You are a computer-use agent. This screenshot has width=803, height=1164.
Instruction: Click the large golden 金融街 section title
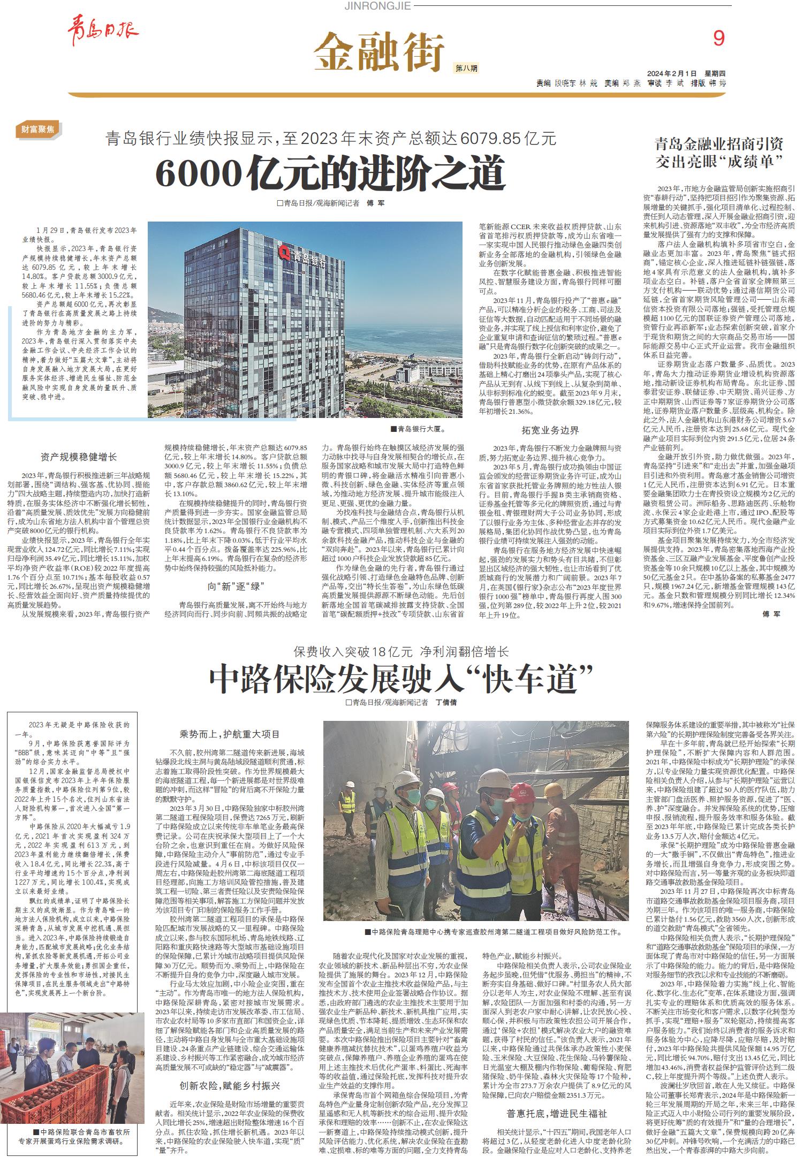379,52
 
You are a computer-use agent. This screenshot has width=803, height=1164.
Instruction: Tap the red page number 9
718,38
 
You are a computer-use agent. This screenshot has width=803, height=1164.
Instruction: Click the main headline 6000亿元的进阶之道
331,172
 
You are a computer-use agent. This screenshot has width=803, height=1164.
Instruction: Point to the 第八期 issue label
466,69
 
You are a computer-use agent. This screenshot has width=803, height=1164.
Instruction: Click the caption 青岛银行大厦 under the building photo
418,429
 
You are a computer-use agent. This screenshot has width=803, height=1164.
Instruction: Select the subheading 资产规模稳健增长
78,457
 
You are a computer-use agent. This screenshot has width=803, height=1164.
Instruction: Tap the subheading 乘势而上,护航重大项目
229,734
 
